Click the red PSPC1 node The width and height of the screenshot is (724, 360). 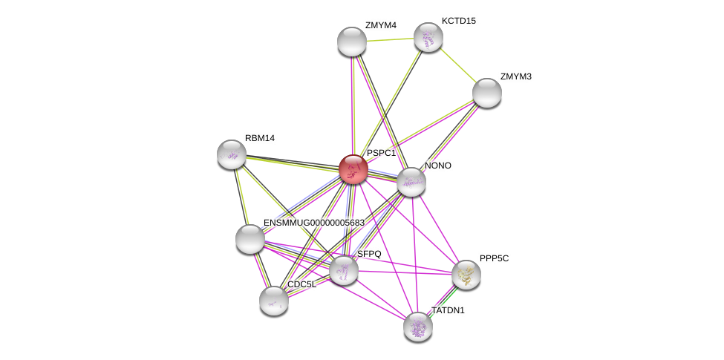(353, 168)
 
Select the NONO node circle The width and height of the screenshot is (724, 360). (411, 182)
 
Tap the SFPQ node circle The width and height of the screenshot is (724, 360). (344, 270)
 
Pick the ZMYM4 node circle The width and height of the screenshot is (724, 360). (352, 42)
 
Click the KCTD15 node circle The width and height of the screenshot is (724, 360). (428, 37)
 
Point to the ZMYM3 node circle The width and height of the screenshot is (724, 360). (487, 93)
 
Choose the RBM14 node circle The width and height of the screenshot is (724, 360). (232, 154)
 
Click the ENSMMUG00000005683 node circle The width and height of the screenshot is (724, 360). (250, 239)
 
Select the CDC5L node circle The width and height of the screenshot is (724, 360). (274, 301)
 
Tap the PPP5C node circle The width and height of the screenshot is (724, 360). (466, 275)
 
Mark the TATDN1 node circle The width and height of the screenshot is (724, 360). (418, 326)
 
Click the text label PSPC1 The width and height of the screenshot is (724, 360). (381, 153)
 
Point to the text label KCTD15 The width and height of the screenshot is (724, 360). (458, 21)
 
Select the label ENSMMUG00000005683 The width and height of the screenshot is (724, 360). (314, 223)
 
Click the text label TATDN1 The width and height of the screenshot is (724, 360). (448, 310)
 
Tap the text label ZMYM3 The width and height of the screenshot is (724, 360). (515, 76)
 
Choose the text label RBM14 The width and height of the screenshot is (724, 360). (260, 138)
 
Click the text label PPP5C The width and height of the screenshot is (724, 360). (494, 258)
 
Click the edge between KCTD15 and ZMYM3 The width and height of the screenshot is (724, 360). (457, 65)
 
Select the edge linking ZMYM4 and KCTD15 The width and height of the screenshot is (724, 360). (390, 39)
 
